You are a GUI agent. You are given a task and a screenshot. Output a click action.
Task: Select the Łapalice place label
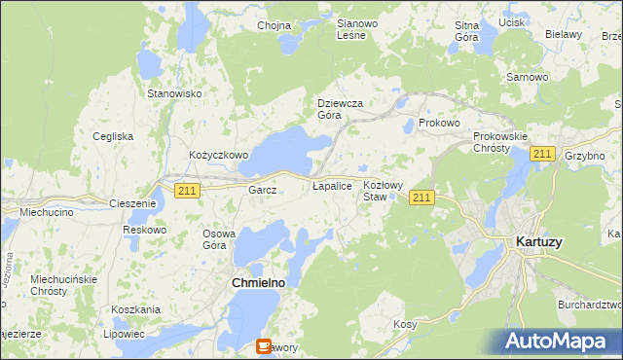pyautogui.click(x=331, y=184)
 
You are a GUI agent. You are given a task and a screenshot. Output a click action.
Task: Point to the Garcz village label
pyautogui.click(x=263, y=191)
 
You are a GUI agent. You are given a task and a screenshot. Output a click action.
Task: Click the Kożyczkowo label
pyautogui.click(x=219, y=155)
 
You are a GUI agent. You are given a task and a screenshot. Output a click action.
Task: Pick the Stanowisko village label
pyautogui.click(x=173, y=93)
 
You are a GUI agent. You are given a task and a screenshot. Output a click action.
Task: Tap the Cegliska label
pyautogui.click(x=113, y=136)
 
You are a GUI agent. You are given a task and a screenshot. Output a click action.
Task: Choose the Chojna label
pyautogui.click(x=275, y=26)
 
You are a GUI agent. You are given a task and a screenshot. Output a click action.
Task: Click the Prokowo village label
pyautogui.click(x=438, y=124)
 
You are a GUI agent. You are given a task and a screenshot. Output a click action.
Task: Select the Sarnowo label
pyautogui.click(x=526, y=76)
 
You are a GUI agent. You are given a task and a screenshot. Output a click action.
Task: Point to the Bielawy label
pyautogui.click(x=564, y=34)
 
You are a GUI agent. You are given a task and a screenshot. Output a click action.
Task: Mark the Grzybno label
pyautogui.click(x=585, y=155)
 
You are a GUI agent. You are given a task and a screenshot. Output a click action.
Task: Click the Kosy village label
pyautogui.click(x=405, y=323)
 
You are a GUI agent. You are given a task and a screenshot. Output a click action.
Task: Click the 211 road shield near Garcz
pyautogui.click(x=188, y=191)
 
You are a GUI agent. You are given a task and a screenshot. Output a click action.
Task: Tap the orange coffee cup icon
pyautogui.click(x=264, y=345)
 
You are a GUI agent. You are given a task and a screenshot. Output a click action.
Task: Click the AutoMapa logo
pyautogui.click(x=561, y=342)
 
